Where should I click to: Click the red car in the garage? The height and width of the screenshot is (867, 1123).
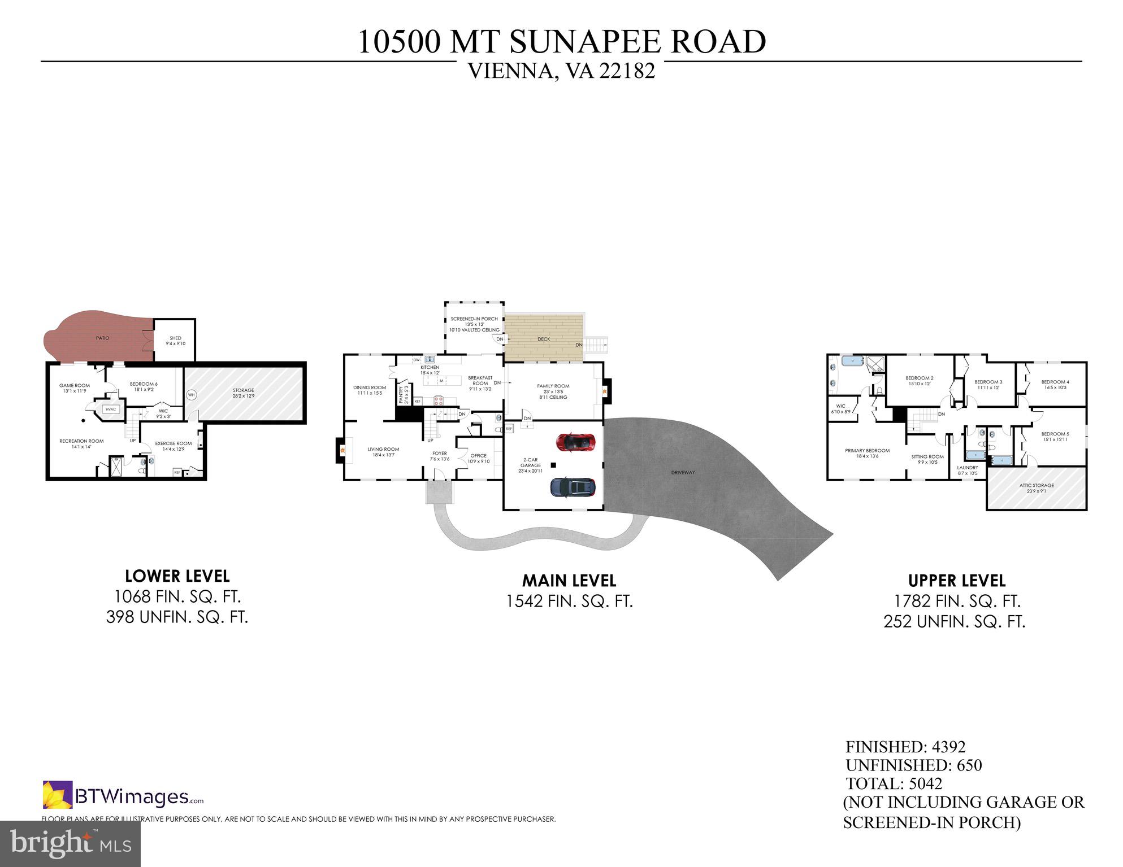tap(575, 442)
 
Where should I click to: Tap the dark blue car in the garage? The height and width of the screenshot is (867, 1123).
tap(573, 487)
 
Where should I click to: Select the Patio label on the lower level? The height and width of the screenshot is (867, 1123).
tap(102, 338)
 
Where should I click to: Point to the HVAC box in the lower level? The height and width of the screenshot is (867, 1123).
tap(110, 409)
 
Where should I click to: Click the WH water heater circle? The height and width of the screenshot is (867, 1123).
tap(191, 395)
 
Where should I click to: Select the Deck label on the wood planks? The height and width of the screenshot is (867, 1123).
tap(544, 339)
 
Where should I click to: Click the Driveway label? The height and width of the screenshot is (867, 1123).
tap(683, 472)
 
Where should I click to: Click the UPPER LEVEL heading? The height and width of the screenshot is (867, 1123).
tap(956, 581)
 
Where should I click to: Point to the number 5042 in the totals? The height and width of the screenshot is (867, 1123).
tap(925, 783)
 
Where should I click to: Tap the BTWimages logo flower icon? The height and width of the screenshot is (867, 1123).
tap(57, 794)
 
